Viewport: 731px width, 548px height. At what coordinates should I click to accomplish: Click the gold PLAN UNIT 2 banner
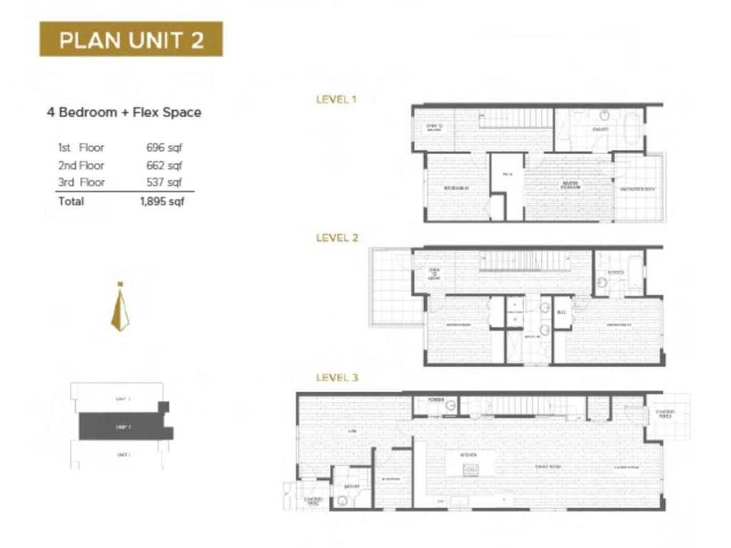(x=131, y=39)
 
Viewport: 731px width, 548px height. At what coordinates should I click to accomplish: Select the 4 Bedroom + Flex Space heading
(x=123, y=112)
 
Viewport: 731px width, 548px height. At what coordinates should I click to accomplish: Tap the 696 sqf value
(x=164, y=148)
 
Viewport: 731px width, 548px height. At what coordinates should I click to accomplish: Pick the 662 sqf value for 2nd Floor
(x=164, y=165)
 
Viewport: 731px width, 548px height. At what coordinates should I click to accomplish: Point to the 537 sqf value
(x=164, y=182)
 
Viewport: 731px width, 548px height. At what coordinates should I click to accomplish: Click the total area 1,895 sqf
(x=162, y=201)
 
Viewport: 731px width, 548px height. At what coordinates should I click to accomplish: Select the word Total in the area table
(x=71, y=201)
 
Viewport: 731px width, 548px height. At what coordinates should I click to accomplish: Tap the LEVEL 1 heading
(x=336, y=100)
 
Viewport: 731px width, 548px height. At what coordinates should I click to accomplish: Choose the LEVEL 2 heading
(x=336, y=238)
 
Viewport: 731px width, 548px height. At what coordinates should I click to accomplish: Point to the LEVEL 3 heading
(x=336, y=377)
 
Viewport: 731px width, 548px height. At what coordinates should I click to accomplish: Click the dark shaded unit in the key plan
(x=123, y=427)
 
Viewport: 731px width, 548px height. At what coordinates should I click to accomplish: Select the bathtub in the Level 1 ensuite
(x=632, y=129)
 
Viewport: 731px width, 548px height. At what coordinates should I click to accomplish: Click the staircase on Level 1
(x=515, y=118)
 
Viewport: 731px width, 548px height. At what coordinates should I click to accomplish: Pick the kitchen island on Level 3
(x=470, y=462)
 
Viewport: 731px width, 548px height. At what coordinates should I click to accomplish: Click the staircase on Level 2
(x=515, y=261)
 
